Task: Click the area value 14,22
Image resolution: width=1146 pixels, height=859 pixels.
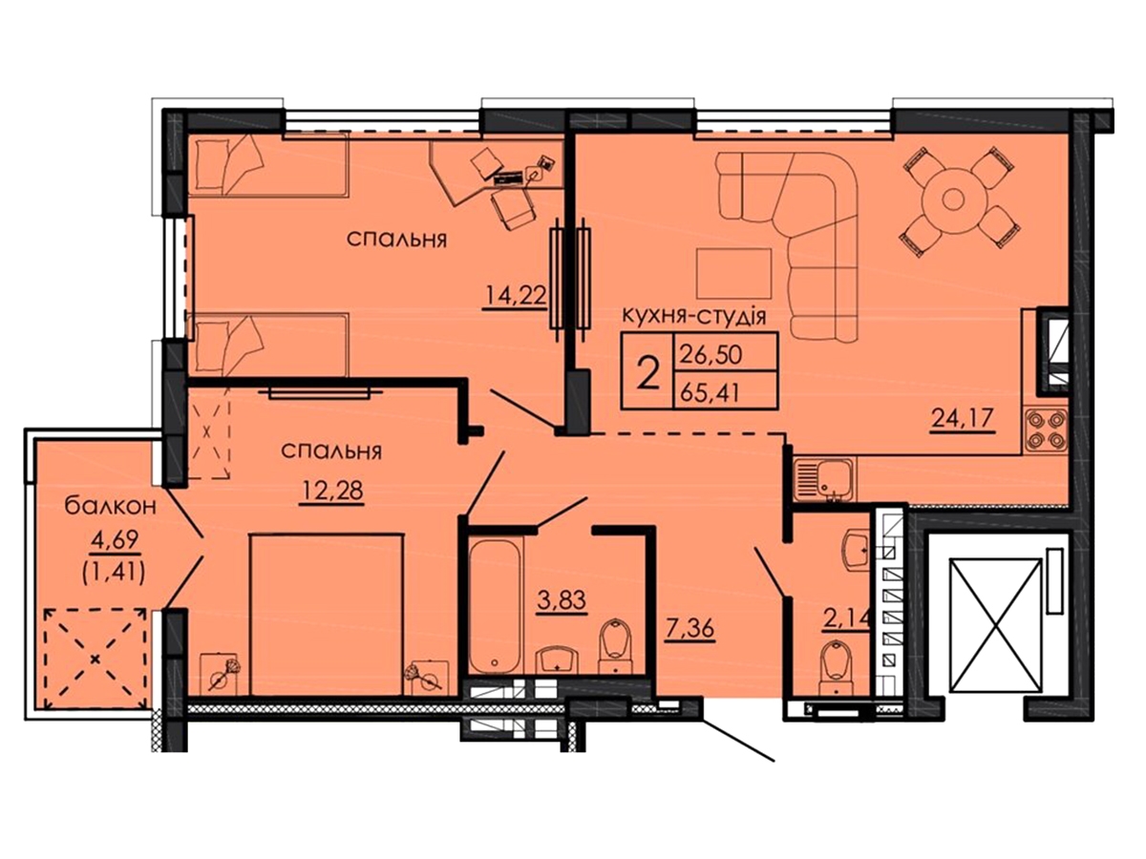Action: (x=515, y=296)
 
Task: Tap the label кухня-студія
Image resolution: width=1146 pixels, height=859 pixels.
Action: (x=694, y=317)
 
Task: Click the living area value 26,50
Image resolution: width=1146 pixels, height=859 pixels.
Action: (x=711, y=355)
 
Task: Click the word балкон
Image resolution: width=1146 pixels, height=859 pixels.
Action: (x=110, y=506)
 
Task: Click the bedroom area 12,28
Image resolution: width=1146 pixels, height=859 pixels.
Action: (x=331, y=491)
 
